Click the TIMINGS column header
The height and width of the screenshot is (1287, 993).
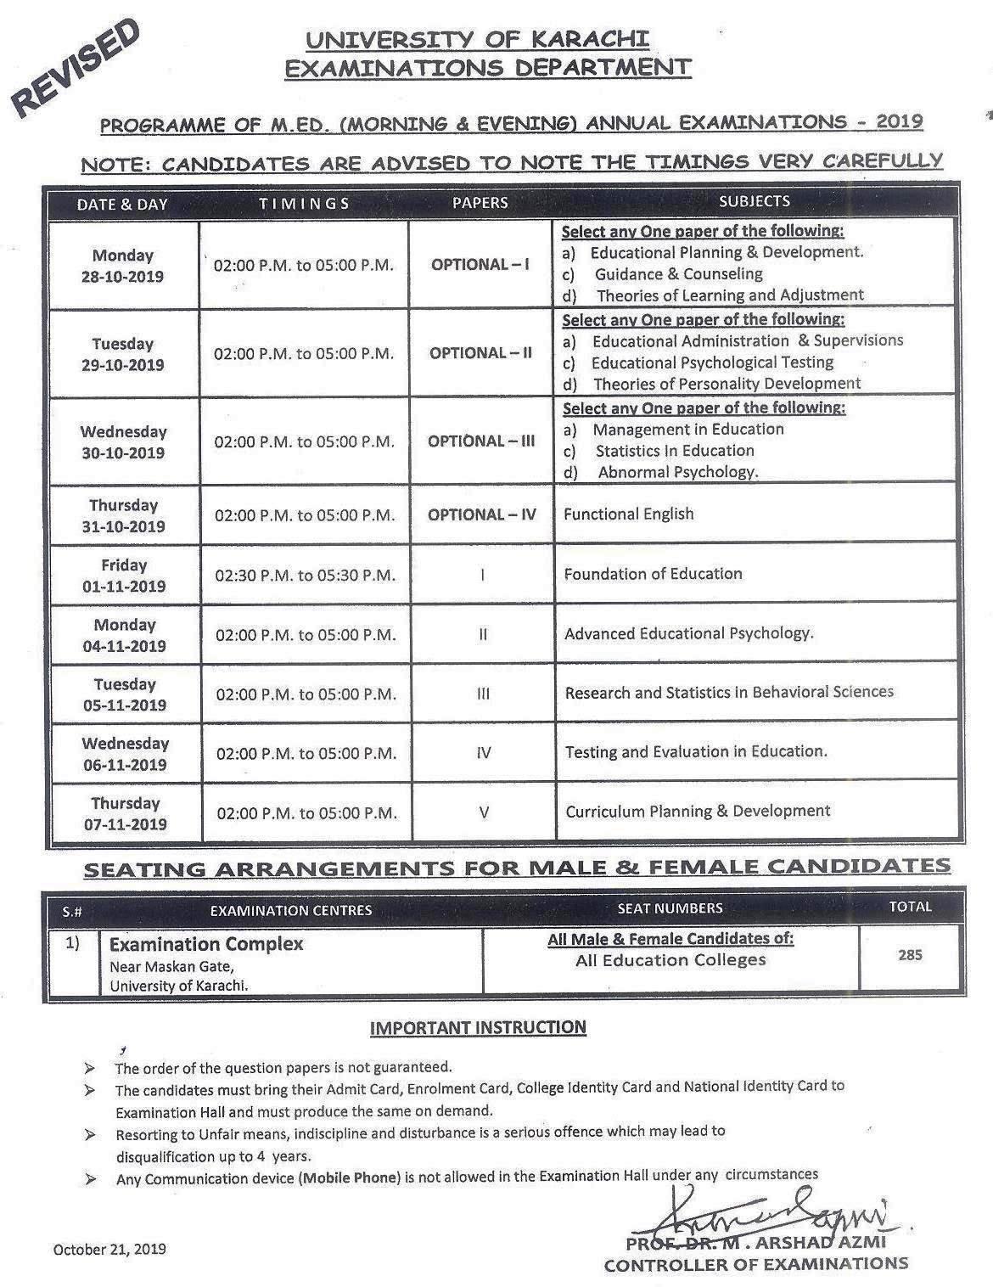(304, 203)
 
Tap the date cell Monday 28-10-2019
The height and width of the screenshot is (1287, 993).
(123, 266)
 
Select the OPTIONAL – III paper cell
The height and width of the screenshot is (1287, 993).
(481, 441)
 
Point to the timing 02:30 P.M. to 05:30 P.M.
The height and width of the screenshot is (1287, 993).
(305, 576)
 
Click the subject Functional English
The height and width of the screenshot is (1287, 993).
(628, 514)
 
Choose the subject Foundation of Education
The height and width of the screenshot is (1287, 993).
(653, 574)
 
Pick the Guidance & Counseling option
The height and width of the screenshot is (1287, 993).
(678, 274)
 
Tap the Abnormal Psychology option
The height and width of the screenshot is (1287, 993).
(677, 472)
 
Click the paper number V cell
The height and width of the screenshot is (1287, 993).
(483, 812)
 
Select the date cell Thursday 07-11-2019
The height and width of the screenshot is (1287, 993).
(125, 813)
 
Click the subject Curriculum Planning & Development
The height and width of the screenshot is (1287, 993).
(698, 811)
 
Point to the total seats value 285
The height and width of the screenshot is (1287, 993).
(910, 954)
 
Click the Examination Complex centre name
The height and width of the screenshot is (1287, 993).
(206, 944)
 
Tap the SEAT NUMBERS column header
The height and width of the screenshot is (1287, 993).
(670, 908)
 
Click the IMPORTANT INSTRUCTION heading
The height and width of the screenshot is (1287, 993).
(478, 1027)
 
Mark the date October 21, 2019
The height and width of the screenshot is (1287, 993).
(109, 1249)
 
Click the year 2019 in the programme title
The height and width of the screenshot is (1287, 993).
(899, 121)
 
